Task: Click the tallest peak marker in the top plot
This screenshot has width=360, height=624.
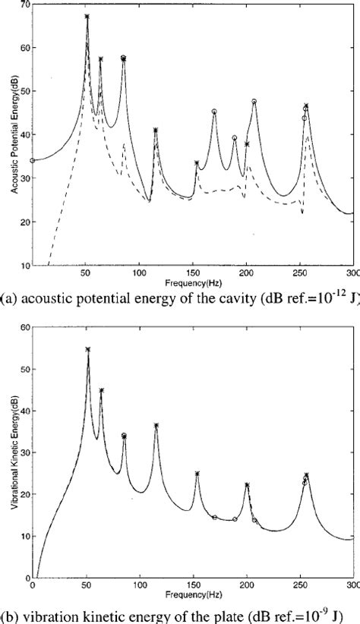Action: click(x=87, y=16)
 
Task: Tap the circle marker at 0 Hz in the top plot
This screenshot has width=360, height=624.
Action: click(x=33, y=160)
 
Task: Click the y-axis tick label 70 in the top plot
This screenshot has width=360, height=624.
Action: click(x=24, y=5)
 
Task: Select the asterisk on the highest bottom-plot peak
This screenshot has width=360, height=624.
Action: click(x=87, y=350)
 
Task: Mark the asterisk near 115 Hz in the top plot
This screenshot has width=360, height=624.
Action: click(x=156, y=131)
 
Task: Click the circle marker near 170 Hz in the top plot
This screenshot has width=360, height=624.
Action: click(x=214, y=112)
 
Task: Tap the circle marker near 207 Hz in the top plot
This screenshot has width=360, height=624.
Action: click(x=254, y=101)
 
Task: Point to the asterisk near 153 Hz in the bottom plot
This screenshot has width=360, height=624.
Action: click(x=197, y=474)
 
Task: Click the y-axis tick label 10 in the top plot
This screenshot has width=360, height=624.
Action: click(x=24, y=266)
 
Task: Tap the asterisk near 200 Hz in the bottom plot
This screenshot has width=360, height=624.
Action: click(x=247, y=485)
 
